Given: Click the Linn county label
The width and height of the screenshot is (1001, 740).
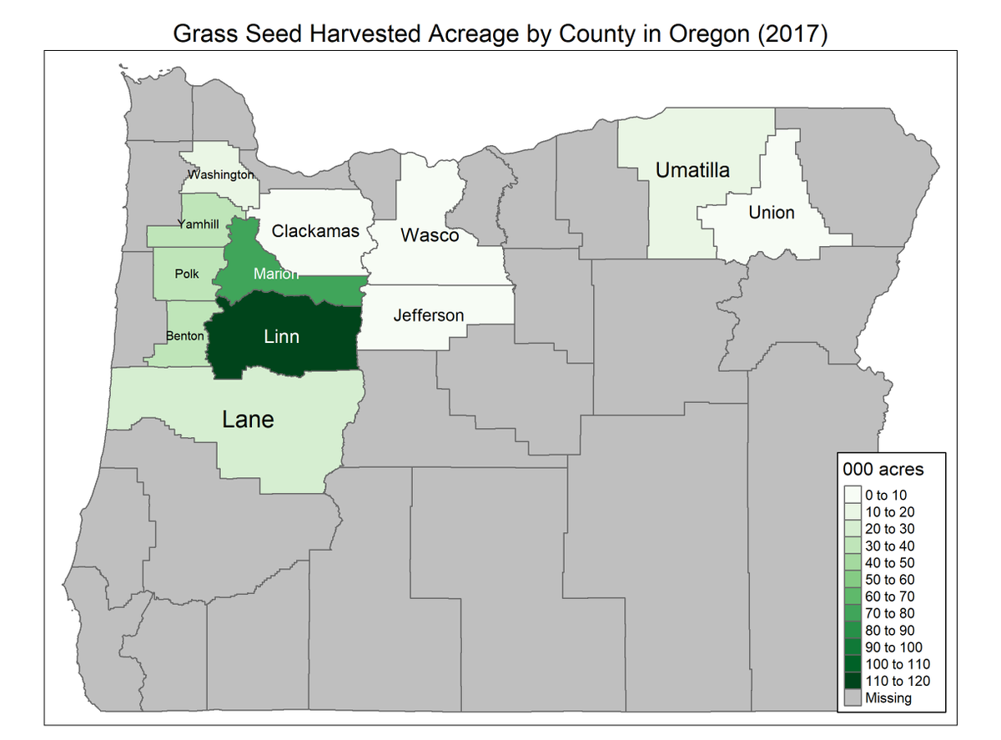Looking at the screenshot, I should (281, 337).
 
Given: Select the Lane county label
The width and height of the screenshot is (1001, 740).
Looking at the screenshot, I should (248, 419).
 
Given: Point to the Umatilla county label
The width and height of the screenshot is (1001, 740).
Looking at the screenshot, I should (692, 170).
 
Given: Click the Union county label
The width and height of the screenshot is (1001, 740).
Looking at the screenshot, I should (771, 212).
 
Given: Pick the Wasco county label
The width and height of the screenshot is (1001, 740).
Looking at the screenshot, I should (430, 235).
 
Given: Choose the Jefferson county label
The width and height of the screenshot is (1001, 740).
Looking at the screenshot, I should (429, 315).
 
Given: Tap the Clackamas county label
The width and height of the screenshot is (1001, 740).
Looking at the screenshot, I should (315, 231).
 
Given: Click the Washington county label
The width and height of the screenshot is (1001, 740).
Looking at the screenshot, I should (220, 175).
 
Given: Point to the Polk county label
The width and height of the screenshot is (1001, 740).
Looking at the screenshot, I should (187, 274).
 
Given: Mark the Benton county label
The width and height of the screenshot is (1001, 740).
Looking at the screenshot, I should (185, 336).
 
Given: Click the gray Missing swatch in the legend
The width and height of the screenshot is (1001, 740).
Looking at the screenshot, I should (852, 697).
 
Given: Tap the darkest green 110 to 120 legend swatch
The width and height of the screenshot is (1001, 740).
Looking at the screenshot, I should (852, 681).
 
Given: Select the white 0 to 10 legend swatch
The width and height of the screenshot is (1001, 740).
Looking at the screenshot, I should (852, 495).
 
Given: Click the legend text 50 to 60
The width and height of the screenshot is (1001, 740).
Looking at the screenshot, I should (889, 580).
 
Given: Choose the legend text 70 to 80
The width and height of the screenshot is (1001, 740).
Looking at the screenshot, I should (889, 613).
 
